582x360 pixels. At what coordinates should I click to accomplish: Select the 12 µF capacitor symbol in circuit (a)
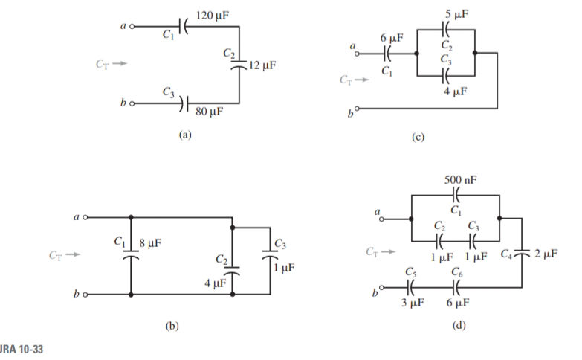point(239,65)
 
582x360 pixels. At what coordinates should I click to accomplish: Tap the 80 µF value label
point(209,112)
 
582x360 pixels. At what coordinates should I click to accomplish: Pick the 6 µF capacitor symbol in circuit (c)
point(387,54)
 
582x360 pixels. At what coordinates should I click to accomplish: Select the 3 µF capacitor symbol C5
point(411,286)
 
